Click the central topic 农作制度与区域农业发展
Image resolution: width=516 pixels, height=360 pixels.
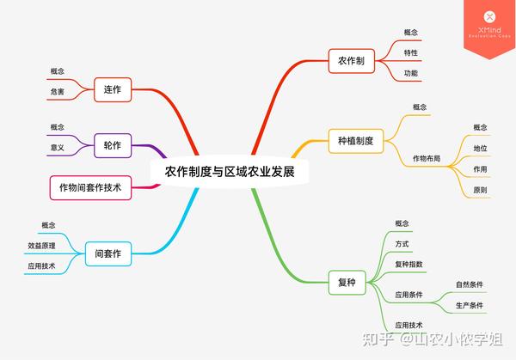(x=230, y=172)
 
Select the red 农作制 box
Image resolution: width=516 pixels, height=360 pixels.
(x=352, y=61)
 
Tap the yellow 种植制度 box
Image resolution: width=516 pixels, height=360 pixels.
(x=356, y=141)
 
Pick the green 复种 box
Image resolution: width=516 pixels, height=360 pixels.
(x=347, y=283)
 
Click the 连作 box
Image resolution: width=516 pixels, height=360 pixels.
(x=113, y=89)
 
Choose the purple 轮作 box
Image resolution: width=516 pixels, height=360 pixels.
(x=113, y=145)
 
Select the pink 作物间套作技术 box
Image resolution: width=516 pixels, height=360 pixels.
(x=90, y=187)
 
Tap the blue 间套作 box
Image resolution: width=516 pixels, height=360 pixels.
(x=108, y=253)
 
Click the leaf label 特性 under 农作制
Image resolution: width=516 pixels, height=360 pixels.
(x=411, y=52)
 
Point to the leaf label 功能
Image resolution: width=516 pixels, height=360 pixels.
(x=411, y=73)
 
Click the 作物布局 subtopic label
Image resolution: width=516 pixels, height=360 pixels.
(x=427, y=158)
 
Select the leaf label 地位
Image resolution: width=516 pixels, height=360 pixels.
(x=480, y=149)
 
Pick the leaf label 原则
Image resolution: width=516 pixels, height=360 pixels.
(x=480, y=190)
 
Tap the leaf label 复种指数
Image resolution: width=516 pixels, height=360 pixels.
(x=408, y=265)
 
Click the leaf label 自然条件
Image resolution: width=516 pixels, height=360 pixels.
(x=470, y=284)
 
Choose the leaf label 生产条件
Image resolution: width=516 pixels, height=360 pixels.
(x=470, y=305)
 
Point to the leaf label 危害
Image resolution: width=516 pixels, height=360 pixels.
(x=58, y=92)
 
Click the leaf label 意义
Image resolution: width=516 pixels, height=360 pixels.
(x=58, y=148)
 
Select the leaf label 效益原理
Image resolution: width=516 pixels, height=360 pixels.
(x=41, y=246)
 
